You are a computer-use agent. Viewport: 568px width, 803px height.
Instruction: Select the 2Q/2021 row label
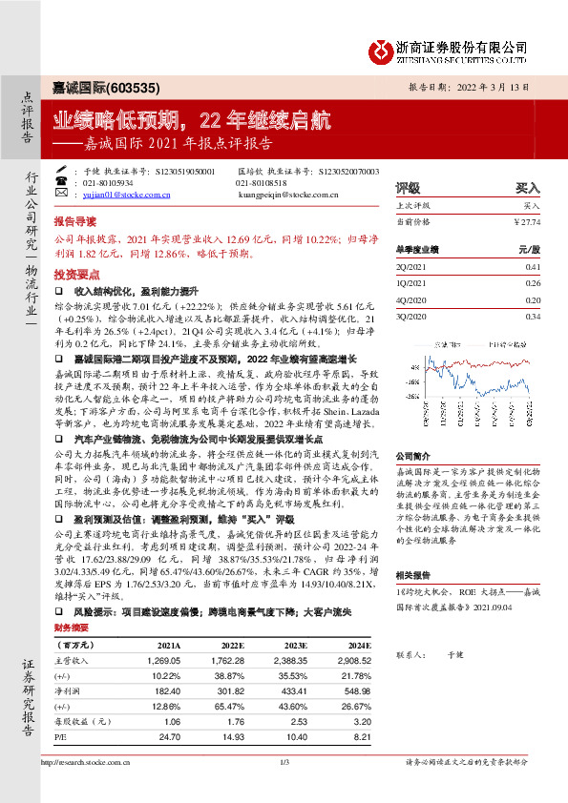(x=410, y=269)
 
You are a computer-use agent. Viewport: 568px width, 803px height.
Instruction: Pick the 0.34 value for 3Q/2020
(x=533, y=316)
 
